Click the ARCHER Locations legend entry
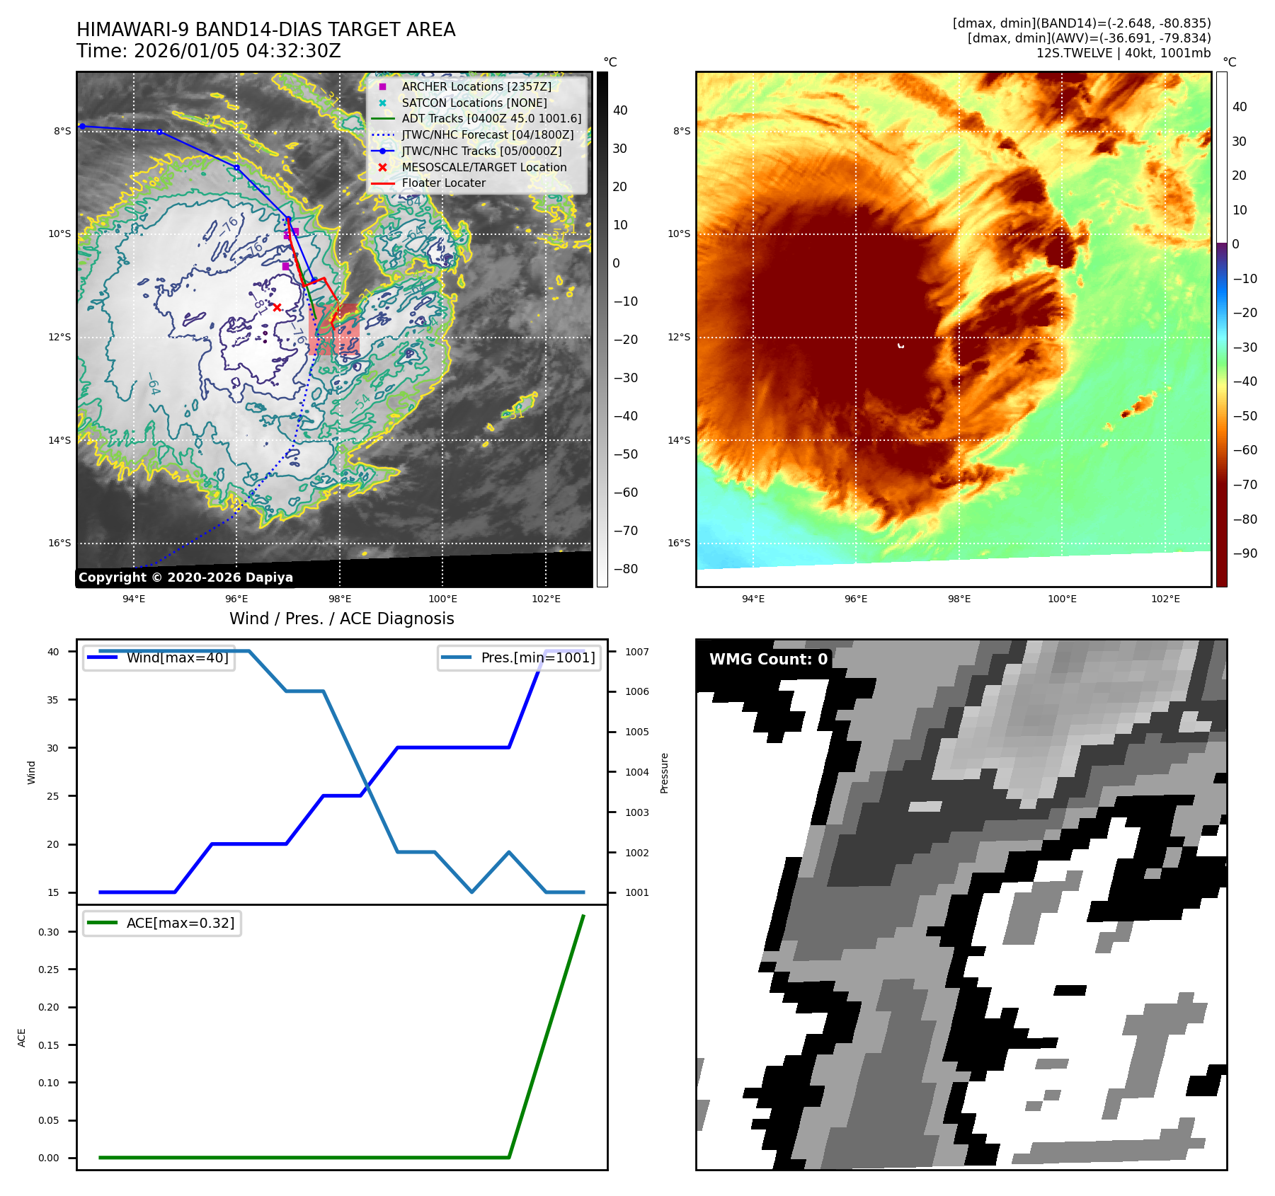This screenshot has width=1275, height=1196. pos(476,86)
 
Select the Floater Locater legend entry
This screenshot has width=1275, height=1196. pos(443,183)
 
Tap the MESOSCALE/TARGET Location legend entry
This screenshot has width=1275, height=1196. pos(484,167)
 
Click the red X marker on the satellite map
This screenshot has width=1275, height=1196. pos(277,307)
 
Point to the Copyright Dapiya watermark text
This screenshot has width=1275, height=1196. pos(185,577)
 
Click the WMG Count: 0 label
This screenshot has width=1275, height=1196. pos(768,659)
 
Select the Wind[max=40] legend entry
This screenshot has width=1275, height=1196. pos(177,657)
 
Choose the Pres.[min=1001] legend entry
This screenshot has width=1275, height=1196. pos(537,657)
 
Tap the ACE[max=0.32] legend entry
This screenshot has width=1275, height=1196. pos(180,923)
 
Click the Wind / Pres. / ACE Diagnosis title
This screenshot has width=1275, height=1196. pos(341,619)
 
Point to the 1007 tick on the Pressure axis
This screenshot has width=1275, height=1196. pos(636,652)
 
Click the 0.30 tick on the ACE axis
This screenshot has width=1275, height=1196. pos(49,932)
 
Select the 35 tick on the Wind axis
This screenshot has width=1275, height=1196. pos(53,700)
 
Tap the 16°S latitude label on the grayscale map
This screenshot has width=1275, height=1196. pos(59,544)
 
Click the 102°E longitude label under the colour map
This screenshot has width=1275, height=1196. pos(1165,599)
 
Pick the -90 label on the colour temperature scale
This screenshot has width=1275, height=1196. pos(1245,553)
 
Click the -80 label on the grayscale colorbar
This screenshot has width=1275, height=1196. pos(625,569)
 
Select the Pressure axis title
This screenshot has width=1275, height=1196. pos(664,773)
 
